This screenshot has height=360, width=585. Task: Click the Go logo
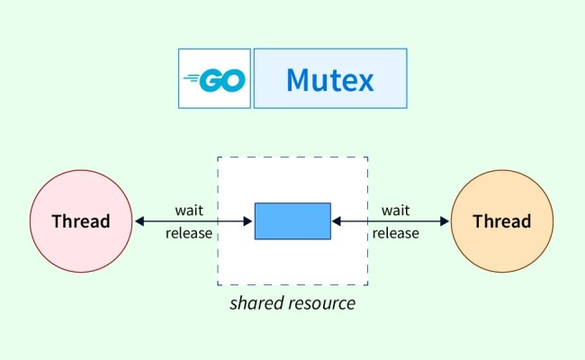click(x=214, y=79)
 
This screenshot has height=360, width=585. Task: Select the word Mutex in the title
click(x=329, y=79)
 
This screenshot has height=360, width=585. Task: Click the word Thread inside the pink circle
click(x=81, y=221)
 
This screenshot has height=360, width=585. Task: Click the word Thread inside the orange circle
click(x=501, y=221)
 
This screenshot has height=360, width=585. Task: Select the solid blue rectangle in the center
click(x=292, y=221)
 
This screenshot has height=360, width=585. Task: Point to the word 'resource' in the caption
click(x=320, y=303)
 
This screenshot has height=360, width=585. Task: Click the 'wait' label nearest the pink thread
click(x=189, y=211)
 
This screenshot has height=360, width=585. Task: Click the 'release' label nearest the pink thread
click(x=189, y=233)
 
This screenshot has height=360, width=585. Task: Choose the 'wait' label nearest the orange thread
click(x=396, y=211)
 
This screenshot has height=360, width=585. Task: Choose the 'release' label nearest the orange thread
click(x=396, y=233)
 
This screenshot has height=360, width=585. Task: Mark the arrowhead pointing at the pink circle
click(x=139, y=221)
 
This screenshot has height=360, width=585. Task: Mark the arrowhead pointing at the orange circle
click(x=444, y=221)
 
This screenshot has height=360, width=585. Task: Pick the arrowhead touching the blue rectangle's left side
click(x=249, y=221)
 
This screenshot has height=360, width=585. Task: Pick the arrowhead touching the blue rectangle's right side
click(x=336, y=221)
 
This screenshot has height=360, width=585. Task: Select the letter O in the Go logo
click(x=232, y=80)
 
